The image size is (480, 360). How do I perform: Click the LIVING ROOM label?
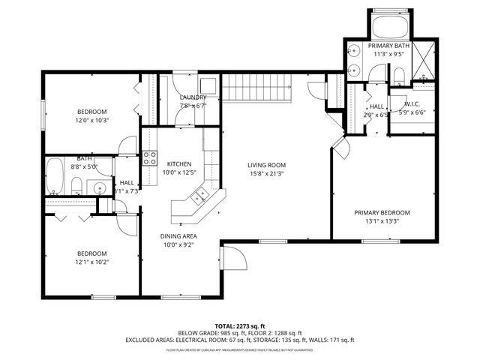[267, 165]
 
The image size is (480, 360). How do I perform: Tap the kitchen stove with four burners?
[149, 157]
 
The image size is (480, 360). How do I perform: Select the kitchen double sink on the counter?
[199, 197]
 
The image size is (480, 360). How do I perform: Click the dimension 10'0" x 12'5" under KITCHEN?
[179, 172]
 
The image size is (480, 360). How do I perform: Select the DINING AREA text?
[179, 235]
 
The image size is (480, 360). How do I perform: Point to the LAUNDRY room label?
[192, 97]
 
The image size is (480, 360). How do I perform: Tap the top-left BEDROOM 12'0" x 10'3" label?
[91, 112]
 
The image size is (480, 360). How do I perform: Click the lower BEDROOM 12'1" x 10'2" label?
[91, 253]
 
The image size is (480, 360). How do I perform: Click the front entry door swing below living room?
[237, 259]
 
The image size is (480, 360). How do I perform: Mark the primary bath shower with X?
[424, 61]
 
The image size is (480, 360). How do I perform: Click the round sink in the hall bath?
[97, 187]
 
